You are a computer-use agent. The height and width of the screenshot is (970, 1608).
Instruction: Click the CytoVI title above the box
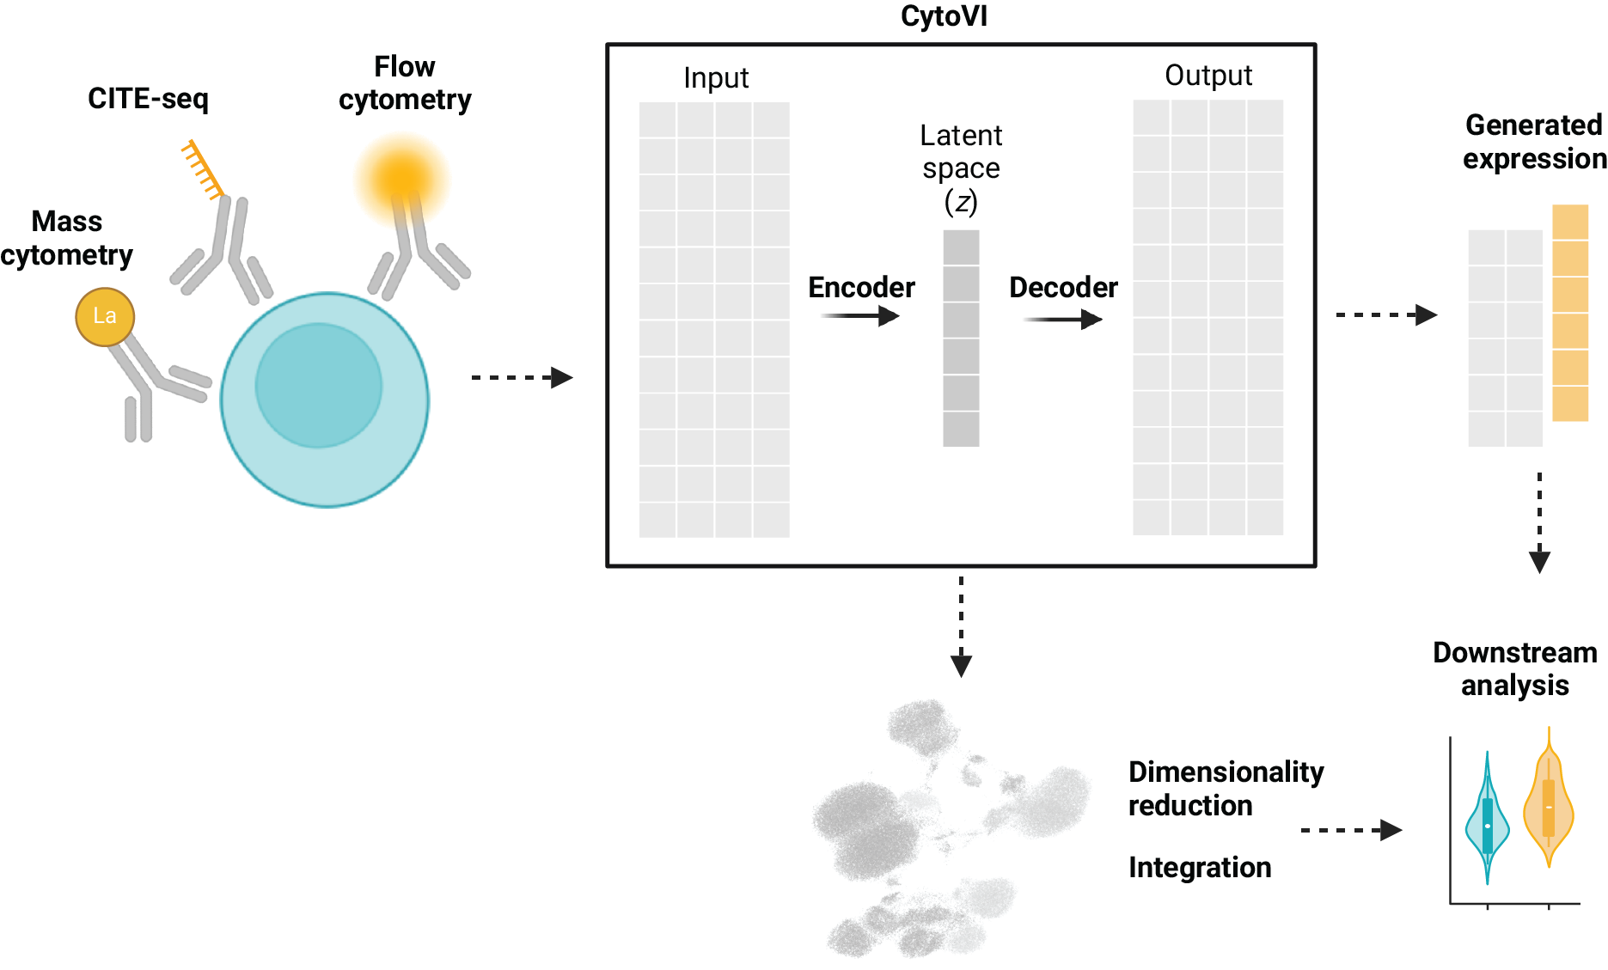click(x=944, y=16)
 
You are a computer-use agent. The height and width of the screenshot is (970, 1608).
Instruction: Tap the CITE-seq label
click(x=148, y=99)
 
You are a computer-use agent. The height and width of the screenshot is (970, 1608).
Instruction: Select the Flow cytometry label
click(x=405, y=83)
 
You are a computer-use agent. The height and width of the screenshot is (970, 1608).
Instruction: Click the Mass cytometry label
click(x=67, y=238)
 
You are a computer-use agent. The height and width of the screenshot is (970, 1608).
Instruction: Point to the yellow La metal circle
click(x=105, y=316)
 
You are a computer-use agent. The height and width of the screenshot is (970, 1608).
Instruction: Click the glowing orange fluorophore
click(x=401, y=178)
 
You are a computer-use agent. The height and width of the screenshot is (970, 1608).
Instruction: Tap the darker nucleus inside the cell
click(x=318, y=385)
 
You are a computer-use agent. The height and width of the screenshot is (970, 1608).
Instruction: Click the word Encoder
click(x=861, y=287)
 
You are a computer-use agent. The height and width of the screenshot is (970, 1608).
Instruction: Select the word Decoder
click(x=1063, y=287)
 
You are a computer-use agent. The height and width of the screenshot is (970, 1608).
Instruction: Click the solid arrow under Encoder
click(x=860, y=316)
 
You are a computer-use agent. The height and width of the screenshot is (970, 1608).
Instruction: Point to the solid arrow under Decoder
click(x=1063, y=320)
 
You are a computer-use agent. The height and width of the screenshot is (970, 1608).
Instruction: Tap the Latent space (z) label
click(x=961, y=168)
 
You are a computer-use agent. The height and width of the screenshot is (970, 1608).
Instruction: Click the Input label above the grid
click(x=716, y=78)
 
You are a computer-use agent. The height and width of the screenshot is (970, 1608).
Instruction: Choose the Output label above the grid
click(x=1208, y=76)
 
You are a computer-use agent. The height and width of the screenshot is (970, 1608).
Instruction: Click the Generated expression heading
click(x=1534, y=142)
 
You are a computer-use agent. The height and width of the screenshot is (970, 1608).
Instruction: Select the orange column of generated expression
click(x=1570, y=313)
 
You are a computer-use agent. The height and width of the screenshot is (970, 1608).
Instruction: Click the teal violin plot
click(x=1487, y=821)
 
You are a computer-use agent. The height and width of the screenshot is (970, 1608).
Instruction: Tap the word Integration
click(x=1200, y=868)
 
